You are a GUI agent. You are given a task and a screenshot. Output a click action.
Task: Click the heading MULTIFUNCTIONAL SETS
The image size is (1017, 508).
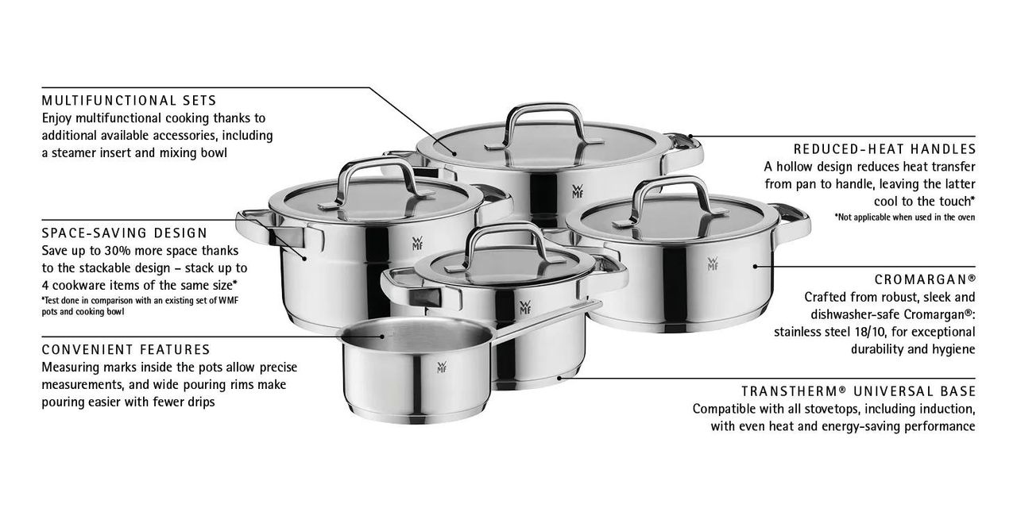(129, 100)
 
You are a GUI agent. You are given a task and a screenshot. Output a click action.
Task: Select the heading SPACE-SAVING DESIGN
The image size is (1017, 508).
(125, 233)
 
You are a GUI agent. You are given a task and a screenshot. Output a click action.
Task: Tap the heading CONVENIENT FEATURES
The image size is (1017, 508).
(126, 350)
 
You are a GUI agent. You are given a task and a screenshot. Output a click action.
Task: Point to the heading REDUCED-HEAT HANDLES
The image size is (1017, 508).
(884, 149)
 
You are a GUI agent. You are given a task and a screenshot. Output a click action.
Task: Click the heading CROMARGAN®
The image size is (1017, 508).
(925, 279)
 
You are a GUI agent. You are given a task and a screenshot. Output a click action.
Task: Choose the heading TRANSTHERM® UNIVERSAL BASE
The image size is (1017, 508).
(859, 391)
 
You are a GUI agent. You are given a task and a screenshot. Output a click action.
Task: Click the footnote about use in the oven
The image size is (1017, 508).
(905, 217)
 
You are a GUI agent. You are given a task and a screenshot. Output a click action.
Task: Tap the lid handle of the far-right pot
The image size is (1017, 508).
(671, 199)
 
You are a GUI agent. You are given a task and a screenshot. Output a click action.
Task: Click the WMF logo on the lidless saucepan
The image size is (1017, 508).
(442, 367)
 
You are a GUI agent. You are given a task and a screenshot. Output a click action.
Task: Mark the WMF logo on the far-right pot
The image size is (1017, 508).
(713, 264)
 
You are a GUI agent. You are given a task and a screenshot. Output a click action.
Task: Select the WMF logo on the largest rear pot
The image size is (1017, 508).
(577, 191)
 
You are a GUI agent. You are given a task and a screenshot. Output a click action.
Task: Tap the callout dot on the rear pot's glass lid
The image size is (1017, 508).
(454, 154)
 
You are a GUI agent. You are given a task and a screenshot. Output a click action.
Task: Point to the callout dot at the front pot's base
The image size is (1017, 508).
(559, 377)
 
